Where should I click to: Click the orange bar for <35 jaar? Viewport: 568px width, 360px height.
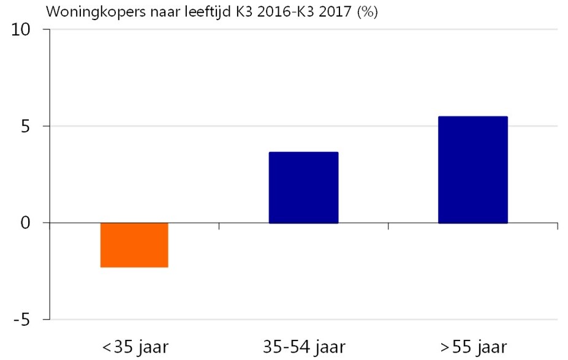[x=134, y=245]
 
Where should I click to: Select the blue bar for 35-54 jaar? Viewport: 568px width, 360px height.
[x=303, y=187]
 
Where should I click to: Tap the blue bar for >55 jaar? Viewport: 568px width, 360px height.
[x=472, y=170]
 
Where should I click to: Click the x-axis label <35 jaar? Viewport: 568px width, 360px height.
[x=134, y=347]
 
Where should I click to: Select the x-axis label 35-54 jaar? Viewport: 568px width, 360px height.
[x=303, y=347]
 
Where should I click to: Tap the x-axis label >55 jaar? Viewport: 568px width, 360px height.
[x=473, y=347]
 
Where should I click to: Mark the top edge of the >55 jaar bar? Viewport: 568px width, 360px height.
[x=472, y=117]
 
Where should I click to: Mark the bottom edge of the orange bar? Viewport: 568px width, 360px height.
[x=134, y=267]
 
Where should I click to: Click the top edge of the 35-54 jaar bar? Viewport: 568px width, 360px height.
[x=303, y=152]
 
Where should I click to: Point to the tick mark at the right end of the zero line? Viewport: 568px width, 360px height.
[x=557, y=227]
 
